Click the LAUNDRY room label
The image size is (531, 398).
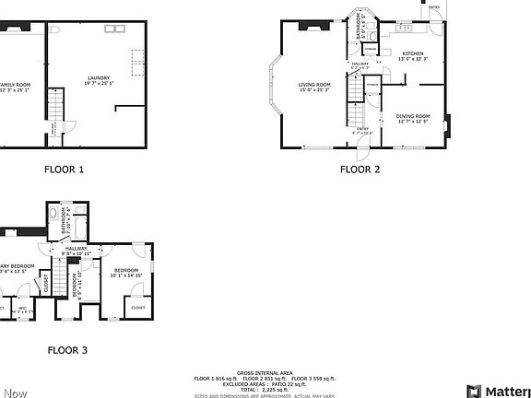coord(99,78)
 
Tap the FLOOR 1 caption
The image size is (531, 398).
coord(65,170)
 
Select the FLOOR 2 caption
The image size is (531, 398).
coord(360,170)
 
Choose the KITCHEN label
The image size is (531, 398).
coord(413,54)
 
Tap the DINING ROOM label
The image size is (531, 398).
coord(413,117)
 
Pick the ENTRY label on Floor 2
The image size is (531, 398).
coord(362,129)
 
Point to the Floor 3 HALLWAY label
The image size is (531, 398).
coord(76,249)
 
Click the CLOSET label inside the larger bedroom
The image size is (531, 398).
coord(137,307)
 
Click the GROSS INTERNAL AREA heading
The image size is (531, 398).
coord(264,371)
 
